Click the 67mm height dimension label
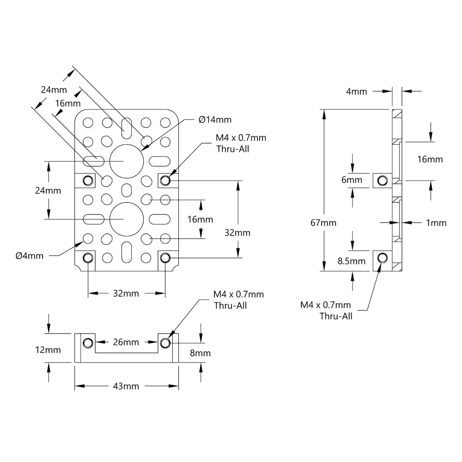point(323,223)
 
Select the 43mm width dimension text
point(126,386)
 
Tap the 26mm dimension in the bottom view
point(126,342)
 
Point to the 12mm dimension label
point(48,350)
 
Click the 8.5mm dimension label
point(352,261)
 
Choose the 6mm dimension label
point(352,180)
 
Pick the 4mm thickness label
point(356,91)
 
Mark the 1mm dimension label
point(436,223)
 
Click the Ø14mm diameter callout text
point(215,120)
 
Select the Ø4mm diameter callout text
point(29,255)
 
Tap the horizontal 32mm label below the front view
point(126,293)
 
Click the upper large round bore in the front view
point(126,160)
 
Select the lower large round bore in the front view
point(126,218)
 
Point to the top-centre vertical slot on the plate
point(126,127)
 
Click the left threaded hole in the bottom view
point(88,342)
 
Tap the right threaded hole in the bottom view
point(165,342)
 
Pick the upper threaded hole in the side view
point(382,180)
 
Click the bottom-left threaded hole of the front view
point(88,257)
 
